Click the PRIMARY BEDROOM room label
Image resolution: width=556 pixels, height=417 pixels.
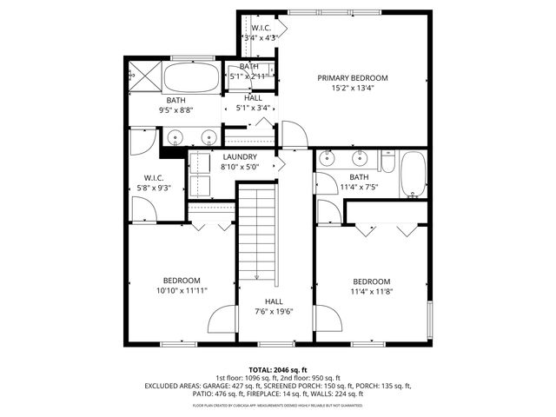point(352,77)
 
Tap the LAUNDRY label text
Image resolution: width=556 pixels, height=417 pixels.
point(239,157)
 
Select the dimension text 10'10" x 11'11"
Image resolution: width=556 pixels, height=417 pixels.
point(182,291)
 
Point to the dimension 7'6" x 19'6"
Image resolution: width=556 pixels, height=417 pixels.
point(273,311)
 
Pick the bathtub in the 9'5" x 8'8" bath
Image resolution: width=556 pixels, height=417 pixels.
point(190,81)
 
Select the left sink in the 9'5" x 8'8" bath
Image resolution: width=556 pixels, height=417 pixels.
point(175,136)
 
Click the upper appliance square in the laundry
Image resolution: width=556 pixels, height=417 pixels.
point(201,162)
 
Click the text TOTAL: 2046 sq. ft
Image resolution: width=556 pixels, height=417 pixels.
point(278,369)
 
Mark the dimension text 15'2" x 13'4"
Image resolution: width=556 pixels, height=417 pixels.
point(352,88)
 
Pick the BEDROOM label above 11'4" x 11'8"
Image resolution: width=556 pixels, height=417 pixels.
point(371,281)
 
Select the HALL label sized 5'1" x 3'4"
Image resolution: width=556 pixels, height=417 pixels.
point(253,98)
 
